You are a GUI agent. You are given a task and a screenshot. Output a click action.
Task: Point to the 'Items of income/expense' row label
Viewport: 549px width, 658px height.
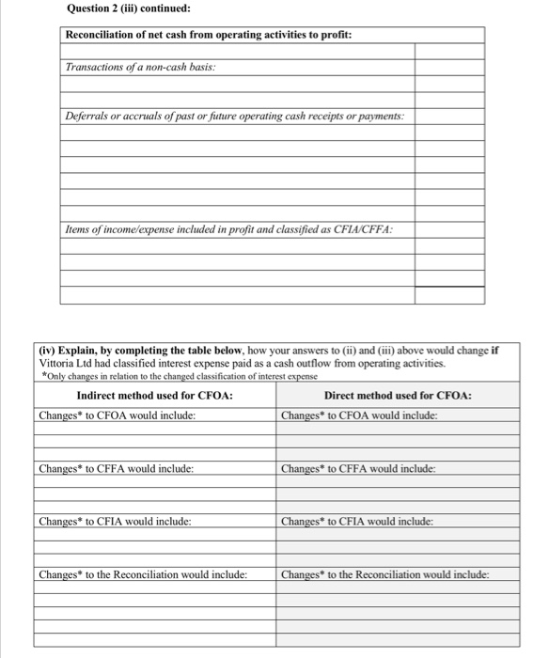pos(228,229)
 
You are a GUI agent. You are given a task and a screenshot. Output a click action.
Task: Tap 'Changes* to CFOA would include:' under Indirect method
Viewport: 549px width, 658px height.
pos(118,415)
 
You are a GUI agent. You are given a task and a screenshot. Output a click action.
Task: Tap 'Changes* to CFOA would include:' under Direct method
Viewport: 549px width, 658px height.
pos(360,415)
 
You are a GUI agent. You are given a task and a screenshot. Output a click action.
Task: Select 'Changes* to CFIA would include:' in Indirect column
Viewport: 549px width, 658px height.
pos(116,521)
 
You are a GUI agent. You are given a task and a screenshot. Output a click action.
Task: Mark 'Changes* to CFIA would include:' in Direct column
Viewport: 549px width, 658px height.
pos(358,521)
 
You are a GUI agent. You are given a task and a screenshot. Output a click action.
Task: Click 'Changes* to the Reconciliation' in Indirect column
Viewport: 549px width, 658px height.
pos(143,574)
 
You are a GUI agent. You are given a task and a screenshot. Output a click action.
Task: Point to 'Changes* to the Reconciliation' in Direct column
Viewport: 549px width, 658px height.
pos(385,574)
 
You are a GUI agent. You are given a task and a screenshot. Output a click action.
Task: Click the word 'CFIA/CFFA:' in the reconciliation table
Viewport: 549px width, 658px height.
pos(365,229)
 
